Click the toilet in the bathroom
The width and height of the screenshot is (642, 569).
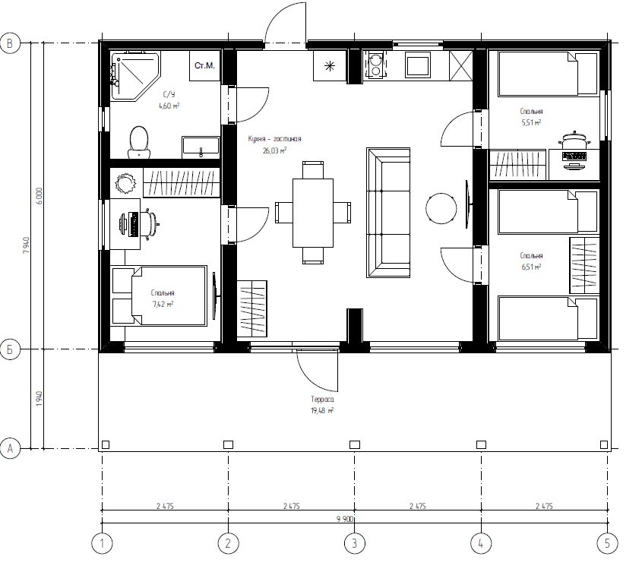139,142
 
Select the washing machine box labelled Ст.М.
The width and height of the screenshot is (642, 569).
204,65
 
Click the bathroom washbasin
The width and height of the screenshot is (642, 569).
201,147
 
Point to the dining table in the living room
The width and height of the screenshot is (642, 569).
313,213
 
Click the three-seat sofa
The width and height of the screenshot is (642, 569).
388,213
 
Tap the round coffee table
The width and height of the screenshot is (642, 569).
441,208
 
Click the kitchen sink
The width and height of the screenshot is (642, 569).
418,65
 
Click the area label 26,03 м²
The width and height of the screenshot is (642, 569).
275,150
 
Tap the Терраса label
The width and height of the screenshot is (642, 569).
322,399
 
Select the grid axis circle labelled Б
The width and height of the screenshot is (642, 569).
10,350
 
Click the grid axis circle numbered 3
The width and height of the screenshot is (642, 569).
355,544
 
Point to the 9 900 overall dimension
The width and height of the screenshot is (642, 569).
345,519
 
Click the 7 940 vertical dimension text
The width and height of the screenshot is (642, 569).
27,245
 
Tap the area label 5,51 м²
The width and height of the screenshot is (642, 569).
531,122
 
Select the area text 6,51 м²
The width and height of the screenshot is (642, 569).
531,267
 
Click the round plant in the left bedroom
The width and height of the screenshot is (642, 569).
125,183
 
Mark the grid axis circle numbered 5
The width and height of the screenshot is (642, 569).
608,544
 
